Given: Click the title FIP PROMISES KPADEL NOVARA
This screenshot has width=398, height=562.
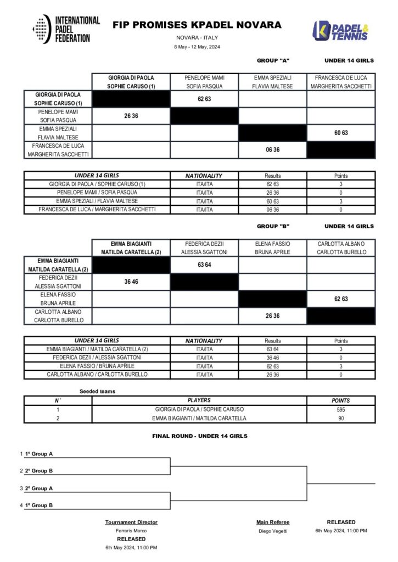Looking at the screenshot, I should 197,25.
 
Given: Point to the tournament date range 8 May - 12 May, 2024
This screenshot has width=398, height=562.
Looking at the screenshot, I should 197,47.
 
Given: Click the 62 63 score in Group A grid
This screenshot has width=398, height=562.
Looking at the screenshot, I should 204,99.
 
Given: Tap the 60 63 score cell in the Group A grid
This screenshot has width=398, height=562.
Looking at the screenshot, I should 341,133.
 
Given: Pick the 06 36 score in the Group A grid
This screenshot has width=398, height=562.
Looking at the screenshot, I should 273,150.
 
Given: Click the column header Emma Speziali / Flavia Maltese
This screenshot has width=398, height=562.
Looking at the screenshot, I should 273,82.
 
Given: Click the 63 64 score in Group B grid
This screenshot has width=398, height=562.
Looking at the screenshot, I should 204,265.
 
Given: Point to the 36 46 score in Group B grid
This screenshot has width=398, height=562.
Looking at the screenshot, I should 131,282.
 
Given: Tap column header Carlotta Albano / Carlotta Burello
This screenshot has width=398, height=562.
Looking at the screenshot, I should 341,248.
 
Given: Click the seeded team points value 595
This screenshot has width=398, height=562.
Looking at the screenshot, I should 341,409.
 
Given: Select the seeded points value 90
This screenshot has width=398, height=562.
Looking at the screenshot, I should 341,418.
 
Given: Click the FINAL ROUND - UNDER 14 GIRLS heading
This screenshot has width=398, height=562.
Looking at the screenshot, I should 200,436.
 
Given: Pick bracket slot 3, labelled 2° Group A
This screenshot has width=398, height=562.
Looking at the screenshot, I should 39,488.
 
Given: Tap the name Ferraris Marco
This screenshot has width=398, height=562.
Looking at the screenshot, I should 131,531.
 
